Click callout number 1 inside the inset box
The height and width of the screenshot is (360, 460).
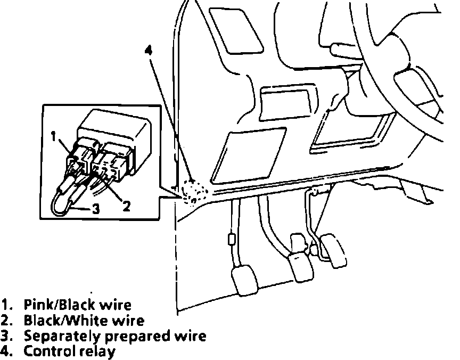[54, 136]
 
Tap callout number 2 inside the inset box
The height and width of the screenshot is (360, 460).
[126, 206]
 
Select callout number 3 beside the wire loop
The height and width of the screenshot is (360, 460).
[96, 209]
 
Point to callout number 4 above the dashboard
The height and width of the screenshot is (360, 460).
[149, 51]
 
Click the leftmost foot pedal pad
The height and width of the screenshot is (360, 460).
[244, 282]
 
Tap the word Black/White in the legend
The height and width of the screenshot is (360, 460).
[57, 321]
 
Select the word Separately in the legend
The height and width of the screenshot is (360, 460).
[60, 336]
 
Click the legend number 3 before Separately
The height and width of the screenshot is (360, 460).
[6, 336]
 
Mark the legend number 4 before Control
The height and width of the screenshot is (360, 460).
[6, 351]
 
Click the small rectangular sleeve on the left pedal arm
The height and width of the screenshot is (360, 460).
[231, 239]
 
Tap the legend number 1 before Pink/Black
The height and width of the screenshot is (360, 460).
[6, 305]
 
